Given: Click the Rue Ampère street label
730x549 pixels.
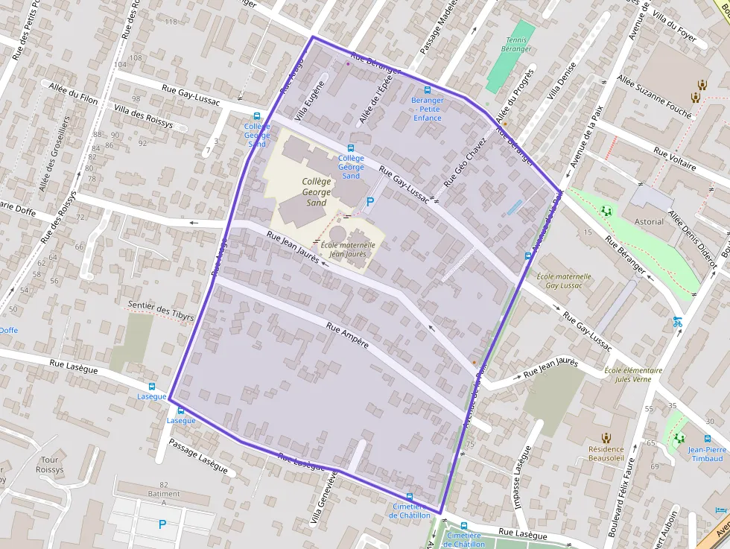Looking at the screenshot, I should coord(347,336).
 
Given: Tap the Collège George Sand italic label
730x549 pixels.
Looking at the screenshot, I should coord(316,191).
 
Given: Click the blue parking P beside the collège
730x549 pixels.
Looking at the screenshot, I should coord(370,202).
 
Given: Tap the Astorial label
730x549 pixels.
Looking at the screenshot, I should coord(648,221).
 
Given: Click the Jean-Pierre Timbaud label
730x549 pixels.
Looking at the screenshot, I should coord(707,454).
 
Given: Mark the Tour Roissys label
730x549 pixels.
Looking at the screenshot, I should coord(50,465).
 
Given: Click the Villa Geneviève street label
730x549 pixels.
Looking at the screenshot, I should coord(326,499).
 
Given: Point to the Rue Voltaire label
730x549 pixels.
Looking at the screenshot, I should coord(674,159).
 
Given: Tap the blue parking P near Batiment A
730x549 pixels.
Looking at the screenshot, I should coord(162,524).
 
